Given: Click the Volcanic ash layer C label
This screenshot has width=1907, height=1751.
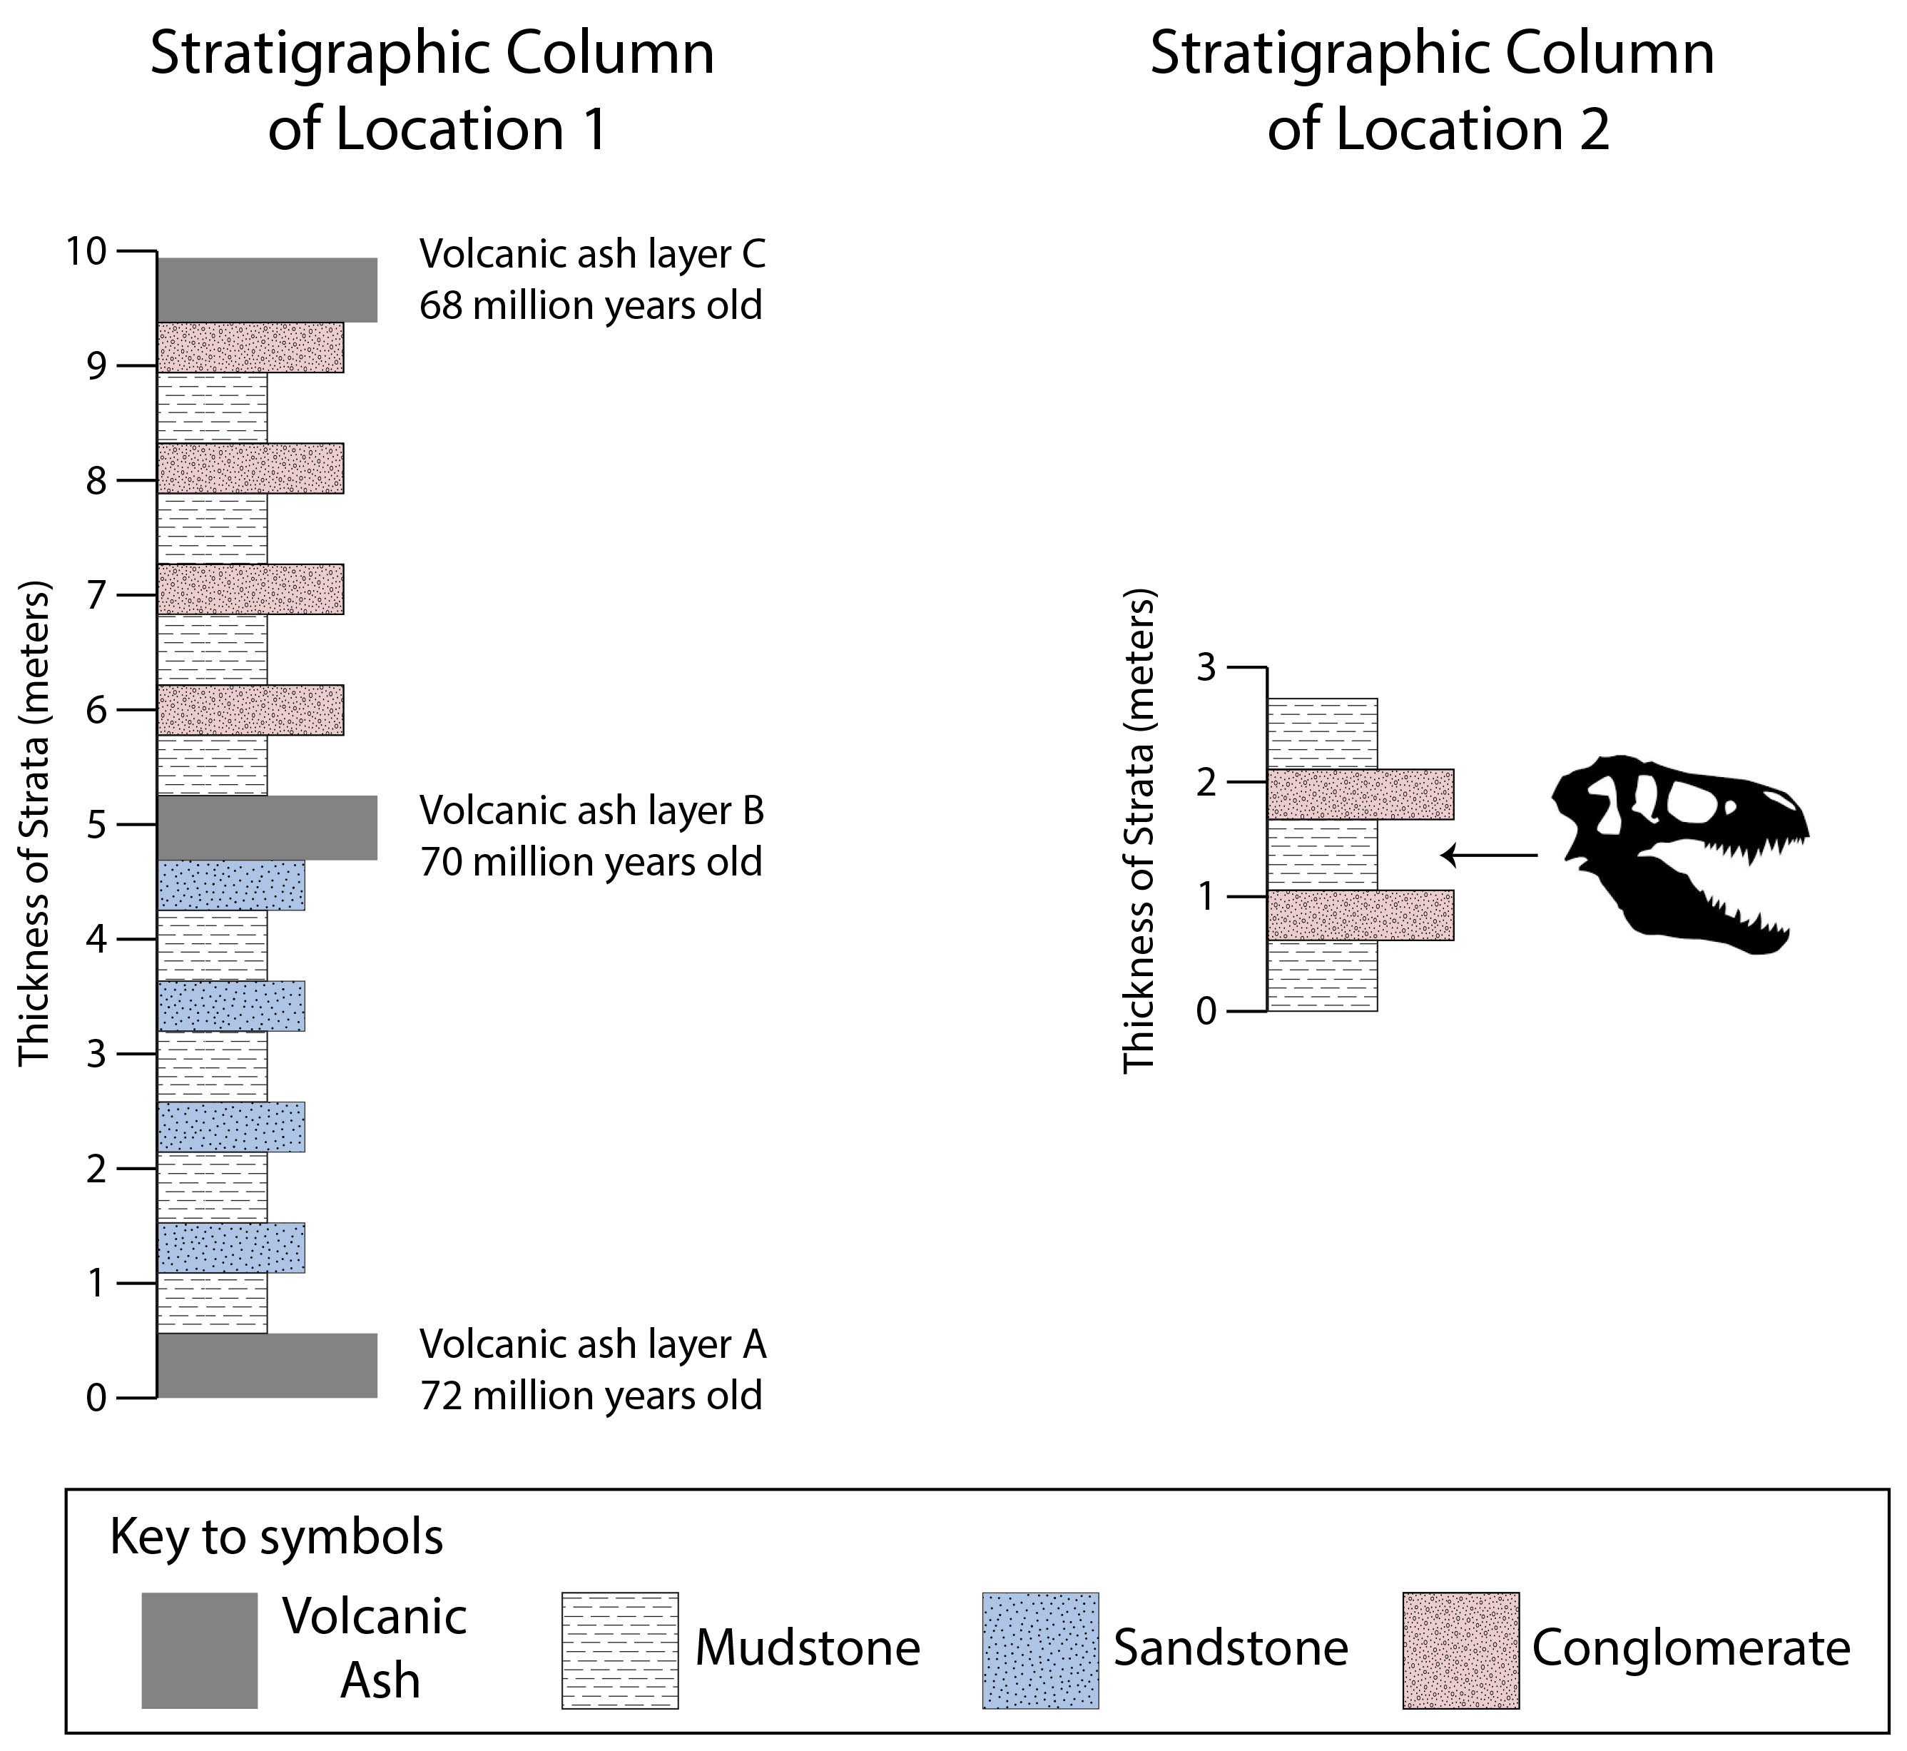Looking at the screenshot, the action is tap(592, 254).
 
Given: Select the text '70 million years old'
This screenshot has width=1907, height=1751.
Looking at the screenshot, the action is tap(591, 862).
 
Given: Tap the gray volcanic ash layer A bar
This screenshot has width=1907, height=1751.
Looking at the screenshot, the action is tap(267, 1366).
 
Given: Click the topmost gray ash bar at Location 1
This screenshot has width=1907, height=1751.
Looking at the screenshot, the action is tap(267, 290).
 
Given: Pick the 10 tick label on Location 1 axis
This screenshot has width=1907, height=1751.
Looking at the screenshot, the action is tap(86, 251).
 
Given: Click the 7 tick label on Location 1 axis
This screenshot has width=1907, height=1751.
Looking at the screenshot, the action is tap(96, 596).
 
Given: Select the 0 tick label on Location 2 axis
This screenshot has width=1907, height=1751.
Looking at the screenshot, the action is tap(1206, 1012).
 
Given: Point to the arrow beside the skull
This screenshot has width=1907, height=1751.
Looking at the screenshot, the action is tap(1489, 856).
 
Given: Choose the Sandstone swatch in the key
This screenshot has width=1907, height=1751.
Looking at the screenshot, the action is tap(1040, 1650).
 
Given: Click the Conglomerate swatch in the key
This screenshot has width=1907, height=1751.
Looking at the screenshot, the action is tap(1461, 1650).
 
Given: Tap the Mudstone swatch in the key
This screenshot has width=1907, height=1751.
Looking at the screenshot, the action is tap(621, 1650).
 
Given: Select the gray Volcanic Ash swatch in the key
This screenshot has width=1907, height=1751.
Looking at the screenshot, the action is tap(200, 1650).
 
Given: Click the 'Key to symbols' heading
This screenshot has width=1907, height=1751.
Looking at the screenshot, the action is tap(277, 1537).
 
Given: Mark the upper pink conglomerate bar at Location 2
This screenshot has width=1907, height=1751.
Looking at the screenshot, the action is tap(1361, 794).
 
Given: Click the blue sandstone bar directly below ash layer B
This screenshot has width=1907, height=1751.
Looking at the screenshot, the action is tap(231, 885).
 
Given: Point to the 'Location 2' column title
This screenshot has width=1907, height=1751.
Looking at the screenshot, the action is tap(1438, 130).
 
